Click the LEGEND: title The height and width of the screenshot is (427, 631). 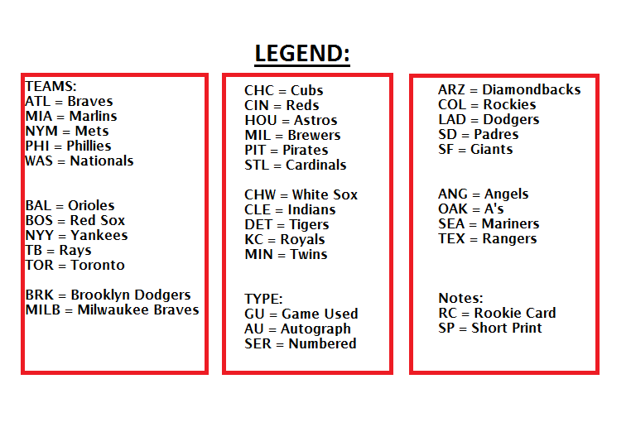point(302,54)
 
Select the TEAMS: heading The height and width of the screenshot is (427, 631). point(51,86)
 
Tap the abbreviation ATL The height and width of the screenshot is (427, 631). point(38,101)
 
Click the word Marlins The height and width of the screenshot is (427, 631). point(93,116)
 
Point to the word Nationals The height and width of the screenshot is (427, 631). point(101,161)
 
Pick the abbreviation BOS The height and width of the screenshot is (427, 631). point(39,220)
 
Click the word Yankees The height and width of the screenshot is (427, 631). point(99,235)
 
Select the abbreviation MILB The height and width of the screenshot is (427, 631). point(43,309)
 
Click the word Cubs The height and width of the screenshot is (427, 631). point(306,90)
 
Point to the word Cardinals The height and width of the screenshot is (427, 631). point(315,165)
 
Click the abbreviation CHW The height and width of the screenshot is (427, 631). point(260,194)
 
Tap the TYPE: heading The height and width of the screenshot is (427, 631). point(263,299)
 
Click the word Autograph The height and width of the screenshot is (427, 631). point(315,329)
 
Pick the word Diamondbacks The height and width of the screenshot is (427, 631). point(531,89)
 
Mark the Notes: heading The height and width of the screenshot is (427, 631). point(460,298)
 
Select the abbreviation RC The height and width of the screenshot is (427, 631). point(447,313)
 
